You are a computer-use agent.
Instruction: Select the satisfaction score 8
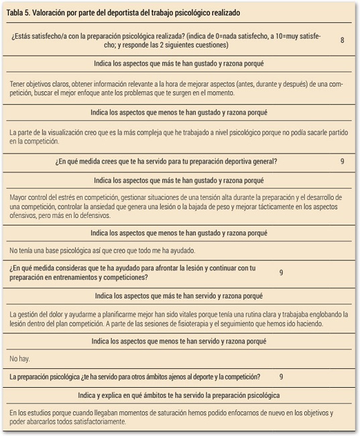point(342,40)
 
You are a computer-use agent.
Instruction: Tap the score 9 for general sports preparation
point(342,162)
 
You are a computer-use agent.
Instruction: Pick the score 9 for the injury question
point(281,272)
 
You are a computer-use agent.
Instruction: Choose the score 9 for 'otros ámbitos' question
point(281,377)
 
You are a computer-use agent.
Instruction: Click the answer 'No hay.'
point(20,359)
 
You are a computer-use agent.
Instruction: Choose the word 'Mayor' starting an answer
point(20,198)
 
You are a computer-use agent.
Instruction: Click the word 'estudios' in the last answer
point(40,413)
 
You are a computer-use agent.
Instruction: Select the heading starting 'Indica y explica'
point(179,395)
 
